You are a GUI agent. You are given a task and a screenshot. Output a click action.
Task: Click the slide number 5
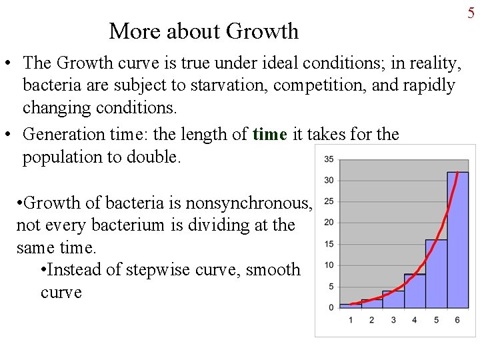471,13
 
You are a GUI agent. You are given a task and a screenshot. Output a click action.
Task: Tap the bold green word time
269,134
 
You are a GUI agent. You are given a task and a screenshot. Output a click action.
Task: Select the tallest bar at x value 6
457,240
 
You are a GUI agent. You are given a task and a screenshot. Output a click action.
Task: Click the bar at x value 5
436,273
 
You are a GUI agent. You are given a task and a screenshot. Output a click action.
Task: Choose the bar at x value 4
415,291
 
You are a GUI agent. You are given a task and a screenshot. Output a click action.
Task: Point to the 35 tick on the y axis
329,159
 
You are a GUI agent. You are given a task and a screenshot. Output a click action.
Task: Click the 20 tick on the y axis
329,223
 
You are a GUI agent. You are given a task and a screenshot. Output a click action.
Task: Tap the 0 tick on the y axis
331,307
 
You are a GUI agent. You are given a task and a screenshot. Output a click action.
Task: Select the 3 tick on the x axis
393,320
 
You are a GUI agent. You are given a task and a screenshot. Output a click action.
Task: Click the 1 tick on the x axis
351,320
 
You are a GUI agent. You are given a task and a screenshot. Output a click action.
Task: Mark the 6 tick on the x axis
457,320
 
